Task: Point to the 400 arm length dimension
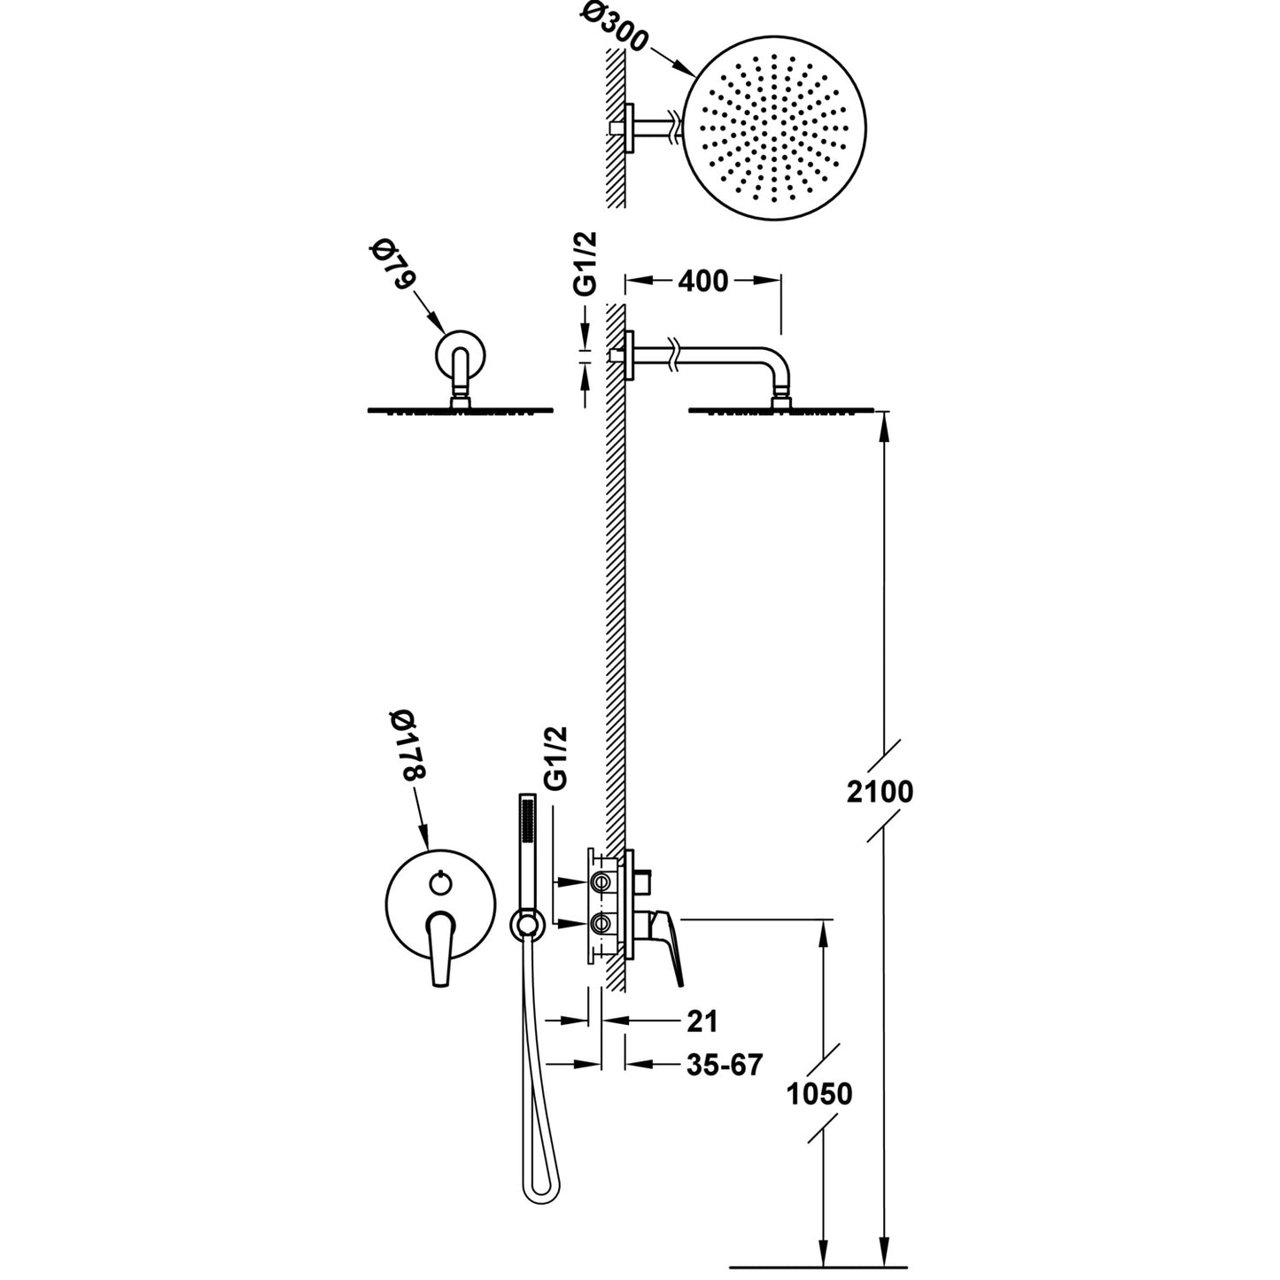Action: tap(702, 282)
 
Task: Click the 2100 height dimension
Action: tap(879, 791)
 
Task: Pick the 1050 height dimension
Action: tap(819, 1094)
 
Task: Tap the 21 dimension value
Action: tap(702, 1021)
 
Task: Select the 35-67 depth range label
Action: tap(724, 1065)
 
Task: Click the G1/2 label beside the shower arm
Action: tap(586, 264)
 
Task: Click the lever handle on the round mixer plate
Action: tap(440, 948)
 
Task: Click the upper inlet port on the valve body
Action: tap(602, 882)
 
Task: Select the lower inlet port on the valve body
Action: tap(602, 924)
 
